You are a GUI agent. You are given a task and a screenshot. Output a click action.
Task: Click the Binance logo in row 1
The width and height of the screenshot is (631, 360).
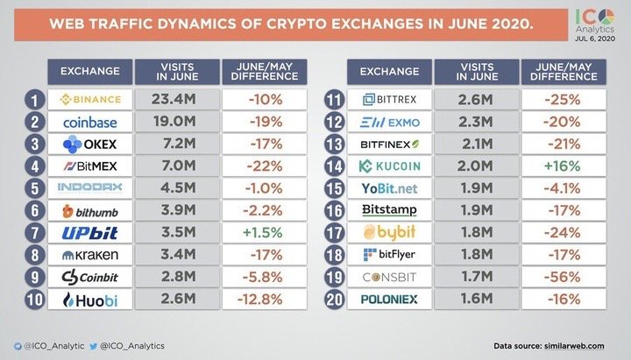click(96, 98)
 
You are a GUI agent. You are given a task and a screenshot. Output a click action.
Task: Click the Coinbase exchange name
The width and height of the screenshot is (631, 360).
click(96, 121)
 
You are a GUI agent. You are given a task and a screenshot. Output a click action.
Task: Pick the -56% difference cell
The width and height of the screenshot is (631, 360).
click(561, 278)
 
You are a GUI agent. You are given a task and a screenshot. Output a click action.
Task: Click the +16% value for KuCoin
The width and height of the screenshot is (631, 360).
click(561, 166)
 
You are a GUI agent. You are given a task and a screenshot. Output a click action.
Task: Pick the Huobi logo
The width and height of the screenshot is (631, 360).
click(96, 300)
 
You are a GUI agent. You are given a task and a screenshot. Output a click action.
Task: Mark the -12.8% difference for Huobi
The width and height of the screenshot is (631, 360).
click(264, 300)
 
